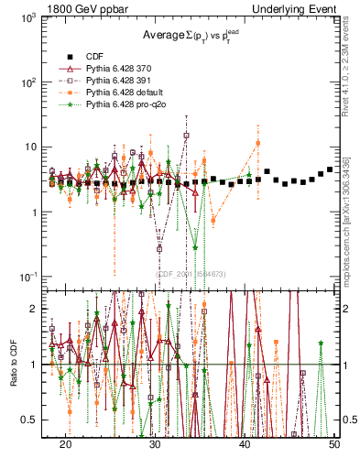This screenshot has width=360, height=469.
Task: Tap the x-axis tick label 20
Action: tap(66, 443)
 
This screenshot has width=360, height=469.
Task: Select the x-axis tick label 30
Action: tap(156, 443)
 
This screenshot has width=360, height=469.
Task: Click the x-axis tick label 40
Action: tap(245, 443)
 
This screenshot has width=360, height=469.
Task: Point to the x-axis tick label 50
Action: tap(334, 443)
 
